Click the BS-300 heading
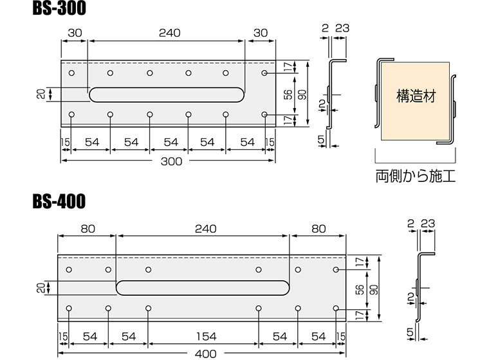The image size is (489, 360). click(59, 9)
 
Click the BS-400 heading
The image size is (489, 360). click(59, 202)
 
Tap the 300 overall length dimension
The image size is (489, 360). click(171, 161)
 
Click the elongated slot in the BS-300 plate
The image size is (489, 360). click(166, 94)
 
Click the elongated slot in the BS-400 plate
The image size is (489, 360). click(203, 287)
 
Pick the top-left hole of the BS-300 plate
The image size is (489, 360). click(71, 73)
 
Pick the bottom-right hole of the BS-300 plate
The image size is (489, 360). click(265, 115)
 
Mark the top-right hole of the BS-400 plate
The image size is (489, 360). click(336, 269)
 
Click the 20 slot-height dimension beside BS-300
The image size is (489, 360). click(42, 94)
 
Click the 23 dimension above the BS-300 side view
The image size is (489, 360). click(342, 27)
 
